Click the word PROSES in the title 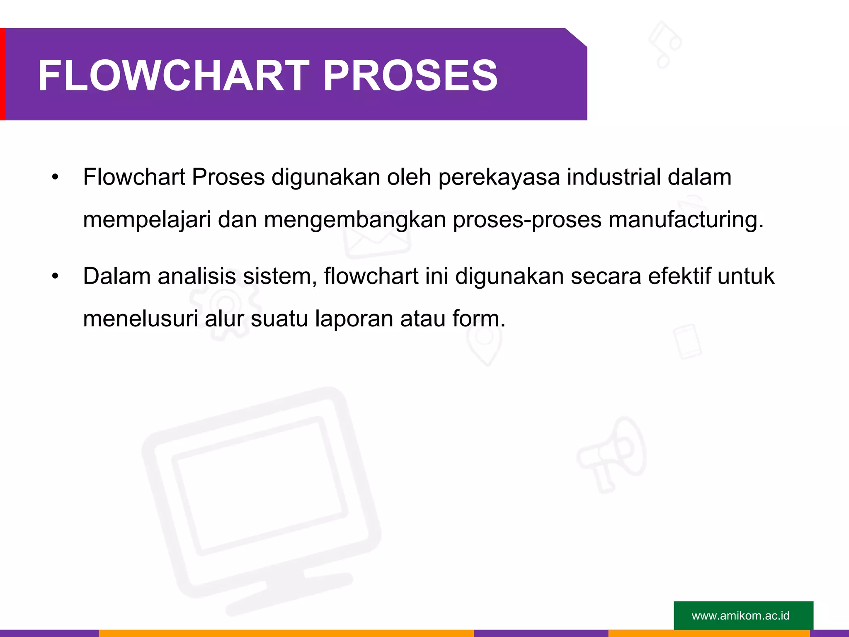[x=410, y=75]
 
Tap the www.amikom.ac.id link [x=740, y=615]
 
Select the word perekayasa [x=499, y=177]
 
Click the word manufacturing [x=686, y=220]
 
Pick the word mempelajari [x=147, y=220]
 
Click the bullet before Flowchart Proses [x=56, y=177]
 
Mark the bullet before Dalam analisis [x=56, y=277]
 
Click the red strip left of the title [x=2, y=74]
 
